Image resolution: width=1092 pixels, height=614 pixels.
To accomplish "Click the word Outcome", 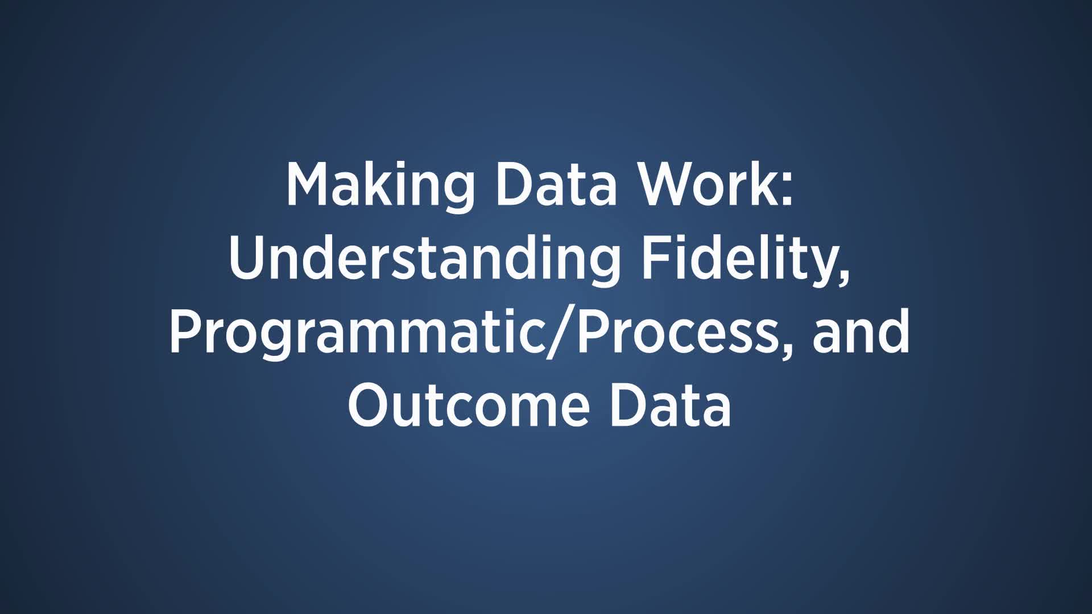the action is (x=469, y=406).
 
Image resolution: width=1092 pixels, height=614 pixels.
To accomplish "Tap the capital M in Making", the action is (x=309, y=185).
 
